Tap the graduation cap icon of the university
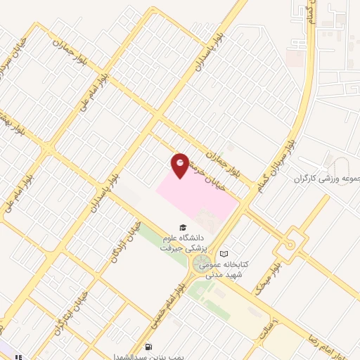183,228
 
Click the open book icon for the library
224,254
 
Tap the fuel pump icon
148,347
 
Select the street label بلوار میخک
264,278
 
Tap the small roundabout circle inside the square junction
288,244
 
